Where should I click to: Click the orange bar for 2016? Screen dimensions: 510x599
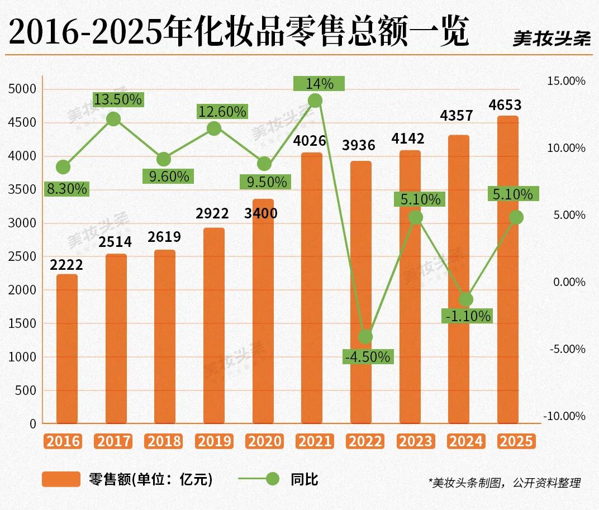point(67,349)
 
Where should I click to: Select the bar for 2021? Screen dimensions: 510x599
point(311,288)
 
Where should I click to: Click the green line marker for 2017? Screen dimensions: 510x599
point(113,118)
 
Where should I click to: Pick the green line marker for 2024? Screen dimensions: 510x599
point(466,299)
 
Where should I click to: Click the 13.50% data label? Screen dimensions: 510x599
point(117,100)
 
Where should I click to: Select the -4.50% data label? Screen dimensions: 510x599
point(368,356)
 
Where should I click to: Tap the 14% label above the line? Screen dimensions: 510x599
point(320,84)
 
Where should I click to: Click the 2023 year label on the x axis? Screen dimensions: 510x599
point(416,441)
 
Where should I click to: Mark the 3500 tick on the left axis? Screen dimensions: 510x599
point(23,189)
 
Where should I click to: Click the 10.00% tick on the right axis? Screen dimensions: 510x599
point(566,148)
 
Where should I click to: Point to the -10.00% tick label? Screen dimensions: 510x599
point(564,416)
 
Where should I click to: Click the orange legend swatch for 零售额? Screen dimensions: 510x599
point(61,479)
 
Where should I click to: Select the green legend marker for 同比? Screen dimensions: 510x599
point(272,479)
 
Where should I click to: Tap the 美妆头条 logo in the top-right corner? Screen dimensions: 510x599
point(551,38)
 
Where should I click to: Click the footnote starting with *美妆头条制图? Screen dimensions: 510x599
point(504,483)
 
